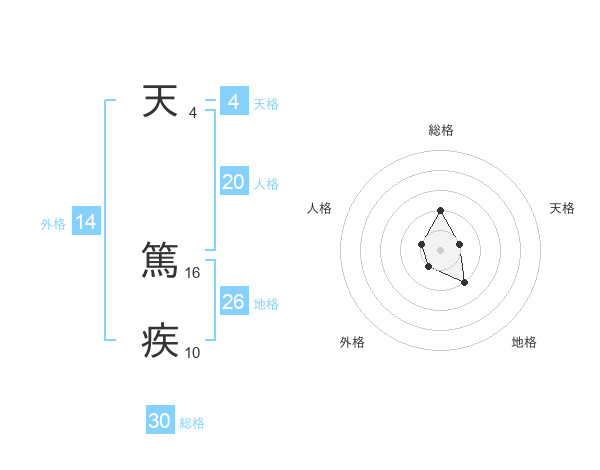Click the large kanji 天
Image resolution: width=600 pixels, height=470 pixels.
click(160, 102)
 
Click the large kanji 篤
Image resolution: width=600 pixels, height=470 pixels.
click(160, 260)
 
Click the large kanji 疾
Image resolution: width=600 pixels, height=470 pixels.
click(160, 341)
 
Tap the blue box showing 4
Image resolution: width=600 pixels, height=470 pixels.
click(234, 102)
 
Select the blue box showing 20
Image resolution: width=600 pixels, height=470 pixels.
click(234, 182)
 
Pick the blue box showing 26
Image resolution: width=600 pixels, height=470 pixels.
click(234, 302)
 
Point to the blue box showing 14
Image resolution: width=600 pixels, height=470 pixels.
click(87, 223)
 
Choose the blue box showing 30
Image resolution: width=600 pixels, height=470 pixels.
click(160, 421)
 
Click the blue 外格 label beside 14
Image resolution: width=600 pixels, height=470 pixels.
click(53, 224)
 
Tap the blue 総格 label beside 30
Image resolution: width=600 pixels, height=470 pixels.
click(192, 423)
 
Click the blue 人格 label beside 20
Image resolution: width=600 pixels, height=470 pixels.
click(266, 184)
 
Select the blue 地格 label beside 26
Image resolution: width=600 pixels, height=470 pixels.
click(266, 304)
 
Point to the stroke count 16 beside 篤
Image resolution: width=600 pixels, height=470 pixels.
click(194, 272)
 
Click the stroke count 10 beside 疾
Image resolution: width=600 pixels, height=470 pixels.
click(194, 353)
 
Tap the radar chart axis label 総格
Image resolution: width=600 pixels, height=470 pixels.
click(441, 130)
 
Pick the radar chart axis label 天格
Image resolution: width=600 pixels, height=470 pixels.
click(563, 208)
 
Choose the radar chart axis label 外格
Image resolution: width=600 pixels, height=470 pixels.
click(352, 342)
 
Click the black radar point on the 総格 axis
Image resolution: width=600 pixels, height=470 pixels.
click(440, 211)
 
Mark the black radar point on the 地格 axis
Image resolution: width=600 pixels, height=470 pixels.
click(464, 283)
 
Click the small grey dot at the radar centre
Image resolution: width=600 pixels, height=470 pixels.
click(440, 249)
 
